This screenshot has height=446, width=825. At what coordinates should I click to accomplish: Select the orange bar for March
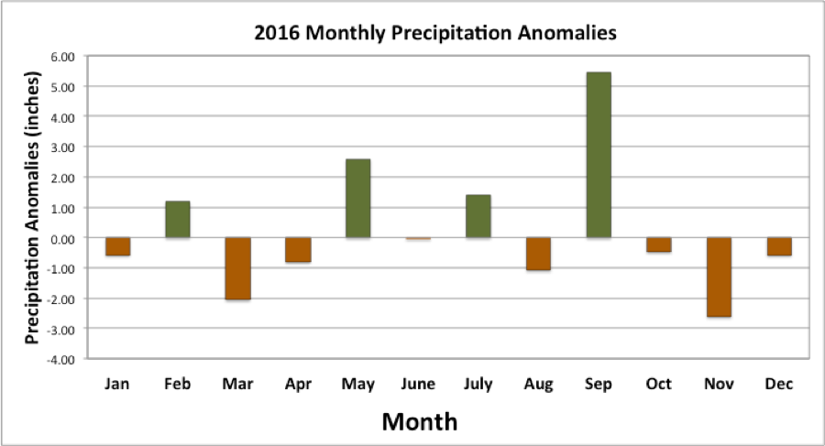click(237, 268)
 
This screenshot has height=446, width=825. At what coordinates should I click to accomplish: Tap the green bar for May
click(357, 198)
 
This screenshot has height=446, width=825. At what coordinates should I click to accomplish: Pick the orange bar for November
click(719, 277)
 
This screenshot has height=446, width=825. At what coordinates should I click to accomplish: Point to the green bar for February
click(177, 219)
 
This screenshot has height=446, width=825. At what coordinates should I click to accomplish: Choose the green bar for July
click(478, 216)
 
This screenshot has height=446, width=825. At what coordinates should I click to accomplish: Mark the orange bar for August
click(538, 254)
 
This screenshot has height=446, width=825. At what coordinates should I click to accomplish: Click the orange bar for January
click(117, 246)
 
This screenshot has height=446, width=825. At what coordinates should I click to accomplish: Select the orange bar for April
click(298, 250)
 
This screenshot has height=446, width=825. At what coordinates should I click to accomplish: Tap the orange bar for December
click(779, 246)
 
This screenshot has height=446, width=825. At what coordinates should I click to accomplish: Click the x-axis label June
click(418, 385)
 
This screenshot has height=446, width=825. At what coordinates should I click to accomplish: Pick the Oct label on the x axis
click(658, 385)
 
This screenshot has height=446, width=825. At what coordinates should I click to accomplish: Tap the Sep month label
click(598, 385)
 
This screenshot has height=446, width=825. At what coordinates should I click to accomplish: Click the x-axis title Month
click(419, 421)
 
